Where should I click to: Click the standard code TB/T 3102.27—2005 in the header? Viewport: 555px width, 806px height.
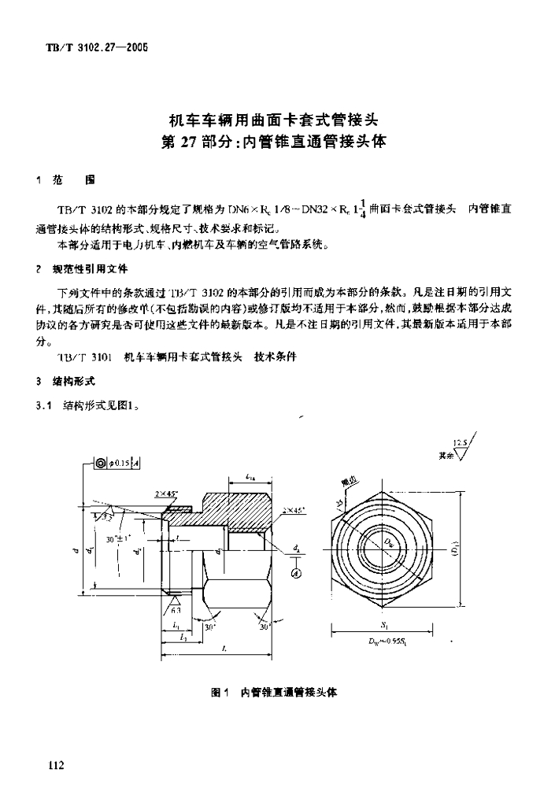pyautogui.click(x=93, y=47)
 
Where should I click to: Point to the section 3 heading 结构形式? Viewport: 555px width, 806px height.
pyautogui.click(x=74, y=381)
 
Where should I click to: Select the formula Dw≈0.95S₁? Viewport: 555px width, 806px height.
pyautogui.click(x=386, y=641)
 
